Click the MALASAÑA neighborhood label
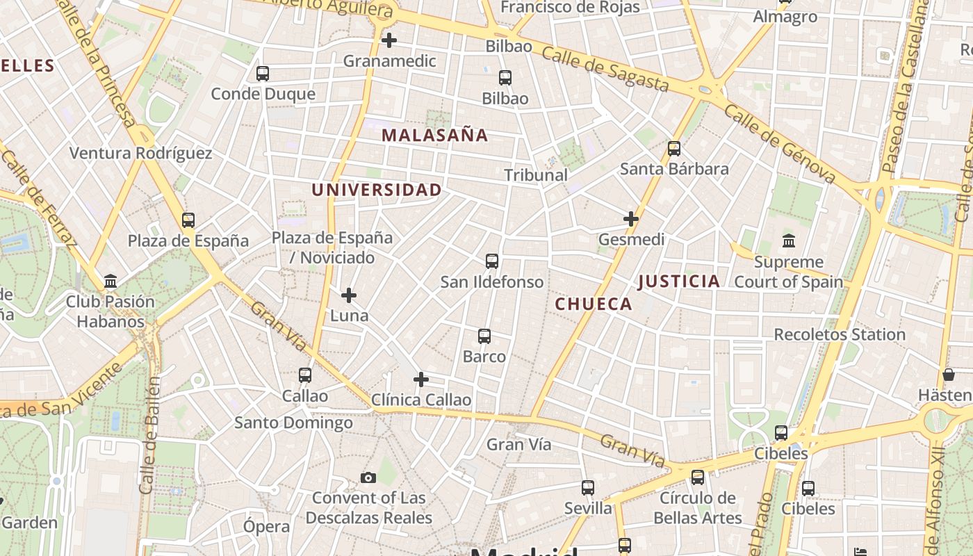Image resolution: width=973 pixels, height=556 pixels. coord(435,136)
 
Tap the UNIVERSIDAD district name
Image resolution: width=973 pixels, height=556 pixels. coord(377,190)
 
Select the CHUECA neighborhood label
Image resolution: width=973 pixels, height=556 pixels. coord(594,304)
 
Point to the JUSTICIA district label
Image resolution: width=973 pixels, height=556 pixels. coord(679,281)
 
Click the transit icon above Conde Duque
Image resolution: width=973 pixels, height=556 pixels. coord(263,74)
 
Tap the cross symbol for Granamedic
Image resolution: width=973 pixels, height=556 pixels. coord(389,40)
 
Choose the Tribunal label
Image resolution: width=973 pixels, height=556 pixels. coord(536,175)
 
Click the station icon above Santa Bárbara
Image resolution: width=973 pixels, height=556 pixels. coord(674,149)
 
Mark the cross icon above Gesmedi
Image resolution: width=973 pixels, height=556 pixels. coord(631,220)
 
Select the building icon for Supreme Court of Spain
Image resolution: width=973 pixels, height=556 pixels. coord(789,241)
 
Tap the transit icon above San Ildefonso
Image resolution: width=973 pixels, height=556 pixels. coord(492,261)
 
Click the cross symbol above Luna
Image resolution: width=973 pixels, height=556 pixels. coord(349,296)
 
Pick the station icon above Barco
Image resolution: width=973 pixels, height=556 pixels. coord(484,336)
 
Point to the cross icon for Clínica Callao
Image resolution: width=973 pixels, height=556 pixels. coord(421,379)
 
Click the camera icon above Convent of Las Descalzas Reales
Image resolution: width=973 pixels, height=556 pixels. coord(368,477)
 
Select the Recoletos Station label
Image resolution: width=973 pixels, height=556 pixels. coord(840,334)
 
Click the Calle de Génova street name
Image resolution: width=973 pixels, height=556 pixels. coord(779,143)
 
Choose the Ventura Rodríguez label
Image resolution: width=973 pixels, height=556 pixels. coord(141,153)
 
